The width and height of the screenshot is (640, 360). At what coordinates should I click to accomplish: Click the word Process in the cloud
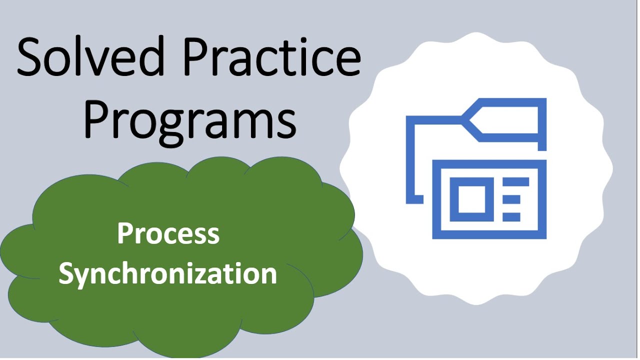168,234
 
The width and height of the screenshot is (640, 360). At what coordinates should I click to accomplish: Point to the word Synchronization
168,274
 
